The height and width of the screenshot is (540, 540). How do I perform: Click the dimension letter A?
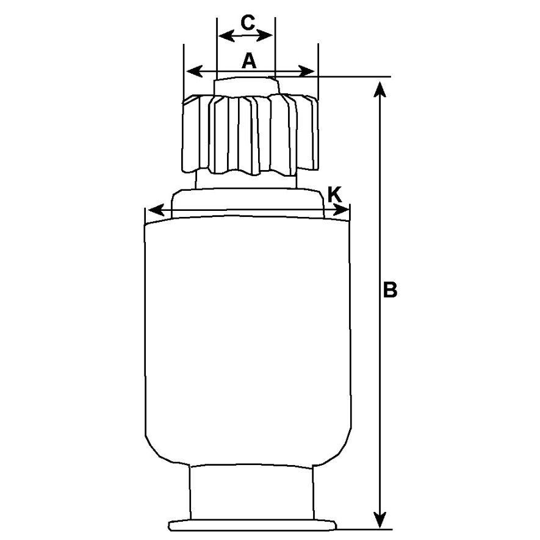[x=250, y=62]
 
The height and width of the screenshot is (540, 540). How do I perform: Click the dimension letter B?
[x=390, y=290]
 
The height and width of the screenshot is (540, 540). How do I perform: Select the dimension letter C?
[x=248, y=23]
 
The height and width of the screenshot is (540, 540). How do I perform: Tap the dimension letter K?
[x=334, y=195]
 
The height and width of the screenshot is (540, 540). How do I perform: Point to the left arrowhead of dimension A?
[x=194, y=72]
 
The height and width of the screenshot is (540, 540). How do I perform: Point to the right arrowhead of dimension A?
[x=306, y=72]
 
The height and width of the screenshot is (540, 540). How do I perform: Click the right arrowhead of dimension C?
[x=265, y=35]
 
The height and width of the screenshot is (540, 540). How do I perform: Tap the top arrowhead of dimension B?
[x=380, y=90]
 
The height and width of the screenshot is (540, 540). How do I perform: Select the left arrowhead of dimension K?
[x=155, y=210]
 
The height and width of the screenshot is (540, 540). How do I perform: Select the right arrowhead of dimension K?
[x=340, y=210]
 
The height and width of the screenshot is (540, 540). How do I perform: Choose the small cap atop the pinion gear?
[x=247, y=86]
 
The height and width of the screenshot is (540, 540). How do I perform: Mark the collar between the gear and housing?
[x=248, y=203]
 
